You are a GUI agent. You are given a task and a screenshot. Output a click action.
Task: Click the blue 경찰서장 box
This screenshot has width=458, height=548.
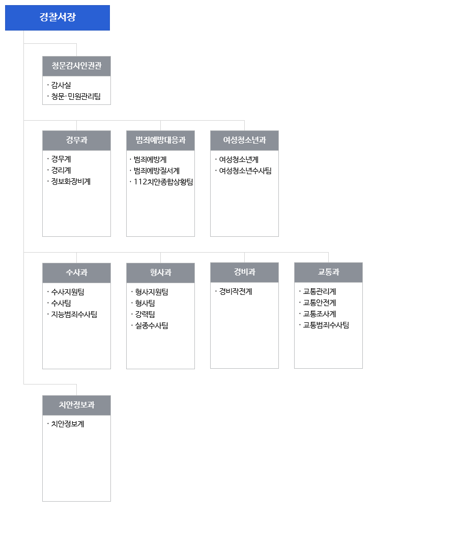pos(57,18)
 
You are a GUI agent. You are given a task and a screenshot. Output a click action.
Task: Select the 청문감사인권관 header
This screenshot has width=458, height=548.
pos(76,66)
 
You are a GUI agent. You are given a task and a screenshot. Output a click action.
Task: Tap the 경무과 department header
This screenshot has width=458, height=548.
pos(76,141)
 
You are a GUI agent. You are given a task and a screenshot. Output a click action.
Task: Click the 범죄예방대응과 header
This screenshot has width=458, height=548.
pos(161,141)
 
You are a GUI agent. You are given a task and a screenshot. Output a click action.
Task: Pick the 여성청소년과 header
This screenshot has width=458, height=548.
pos(244,141)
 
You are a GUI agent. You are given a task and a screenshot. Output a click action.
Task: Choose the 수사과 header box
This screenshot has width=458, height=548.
pos(76,273)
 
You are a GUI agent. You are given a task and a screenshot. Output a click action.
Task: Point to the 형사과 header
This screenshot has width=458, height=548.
pos(161,273)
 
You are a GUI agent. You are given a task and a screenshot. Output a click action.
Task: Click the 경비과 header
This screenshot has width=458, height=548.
pos(244,272)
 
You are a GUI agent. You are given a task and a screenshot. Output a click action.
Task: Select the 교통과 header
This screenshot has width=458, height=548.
pos(329,272)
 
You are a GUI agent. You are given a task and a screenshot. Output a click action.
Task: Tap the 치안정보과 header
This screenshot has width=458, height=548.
pos(76,405)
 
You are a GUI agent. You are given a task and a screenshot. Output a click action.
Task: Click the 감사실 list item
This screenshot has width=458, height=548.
pos(61,85)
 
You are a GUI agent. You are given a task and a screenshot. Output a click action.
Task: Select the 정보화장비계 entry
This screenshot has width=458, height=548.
pos(71,181)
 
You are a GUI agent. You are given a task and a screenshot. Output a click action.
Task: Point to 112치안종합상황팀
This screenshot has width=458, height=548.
pos(163,182)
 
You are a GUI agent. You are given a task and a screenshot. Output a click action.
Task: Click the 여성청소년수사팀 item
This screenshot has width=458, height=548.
pos(245,171)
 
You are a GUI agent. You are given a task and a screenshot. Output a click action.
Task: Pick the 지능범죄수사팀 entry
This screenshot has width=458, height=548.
pos(74,314)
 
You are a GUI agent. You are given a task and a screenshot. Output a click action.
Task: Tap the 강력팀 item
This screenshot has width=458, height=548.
pos(145,314)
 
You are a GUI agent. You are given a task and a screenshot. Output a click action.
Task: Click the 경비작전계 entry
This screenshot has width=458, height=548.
pos(235,291)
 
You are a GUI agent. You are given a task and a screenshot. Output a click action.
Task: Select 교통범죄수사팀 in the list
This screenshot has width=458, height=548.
pos(326,325)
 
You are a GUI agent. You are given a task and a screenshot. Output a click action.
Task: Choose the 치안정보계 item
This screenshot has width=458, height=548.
pos(68,424)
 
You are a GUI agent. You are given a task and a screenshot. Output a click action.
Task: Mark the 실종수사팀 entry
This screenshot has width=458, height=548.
pos(152,325)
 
